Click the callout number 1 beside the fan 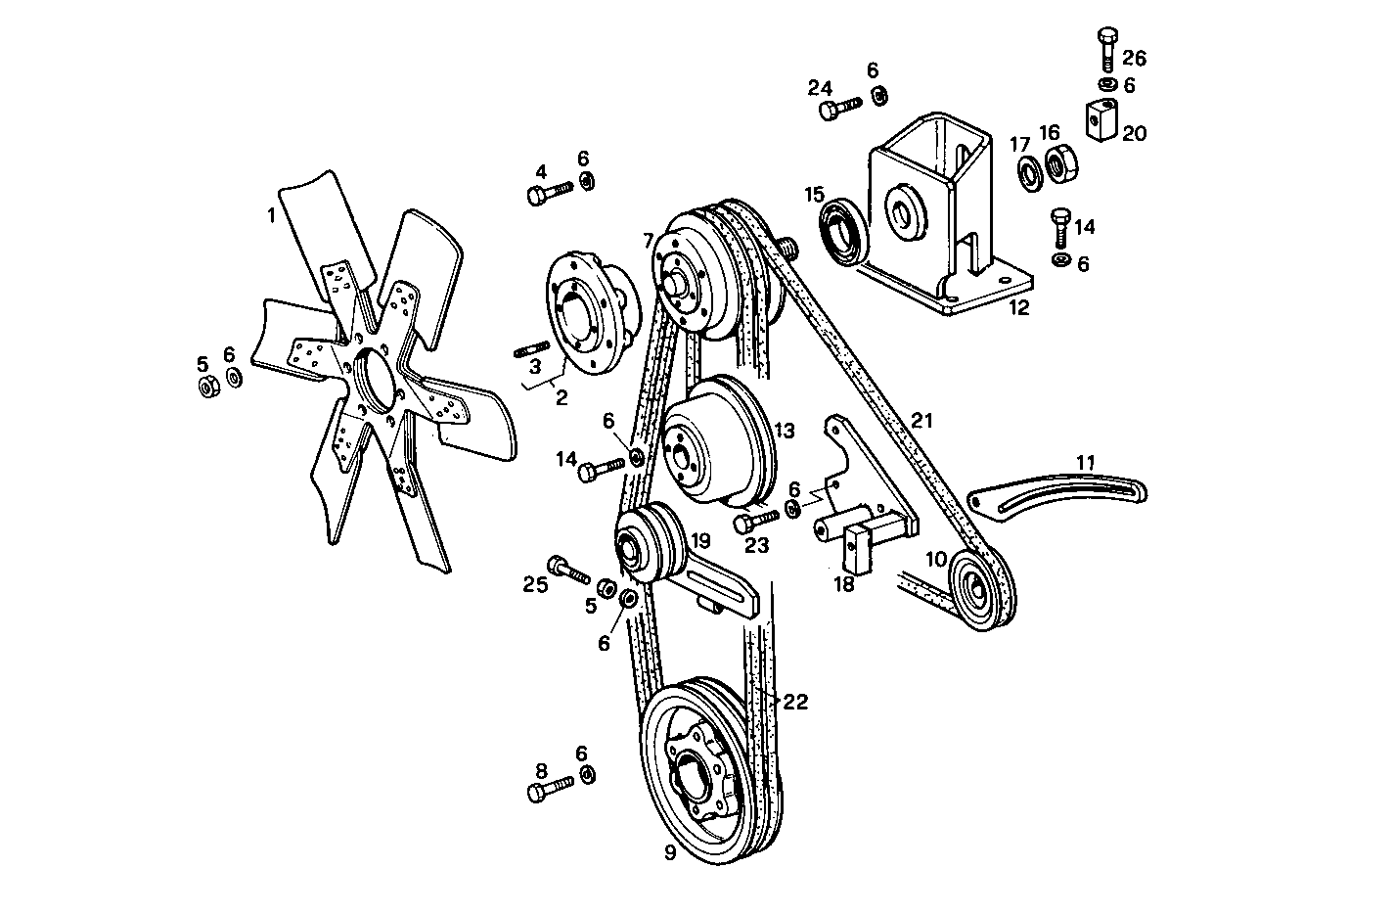(x=273, y=215)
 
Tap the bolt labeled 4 (x=549, y=193)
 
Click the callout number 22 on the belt (x=794, y=702)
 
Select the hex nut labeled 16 (x=1063, y=162)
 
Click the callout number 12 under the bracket (x=1018, y=308)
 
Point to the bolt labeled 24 (x=840, y=107)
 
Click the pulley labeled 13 (x=714, y=441)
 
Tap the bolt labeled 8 (x=550, y=789)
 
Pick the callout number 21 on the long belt (x=921, y=422)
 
